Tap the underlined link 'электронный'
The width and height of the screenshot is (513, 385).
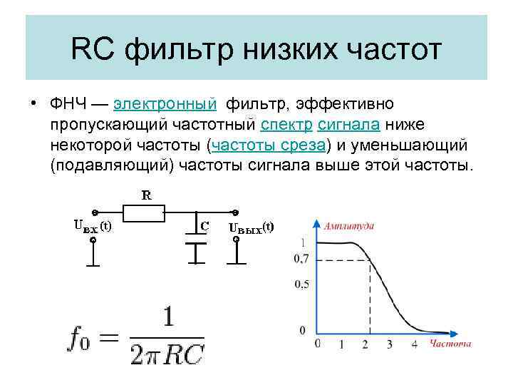165,106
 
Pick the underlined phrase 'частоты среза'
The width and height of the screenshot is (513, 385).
268,145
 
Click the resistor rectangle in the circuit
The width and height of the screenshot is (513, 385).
144,212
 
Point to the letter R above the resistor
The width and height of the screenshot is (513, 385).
145,194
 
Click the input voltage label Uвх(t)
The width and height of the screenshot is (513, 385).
93,227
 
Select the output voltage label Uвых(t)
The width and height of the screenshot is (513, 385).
251,227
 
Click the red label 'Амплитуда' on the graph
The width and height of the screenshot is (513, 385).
348,226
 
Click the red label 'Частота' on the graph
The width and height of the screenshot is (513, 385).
450,344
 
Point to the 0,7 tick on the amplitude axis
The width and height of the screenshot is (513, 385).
301,259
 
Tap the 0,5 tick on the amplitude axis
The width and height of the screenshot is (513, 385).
301,284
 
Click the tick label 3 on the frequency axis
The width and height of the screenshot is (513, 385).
389,344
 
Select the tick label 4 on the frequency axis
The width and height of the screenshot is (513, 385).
414,344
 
